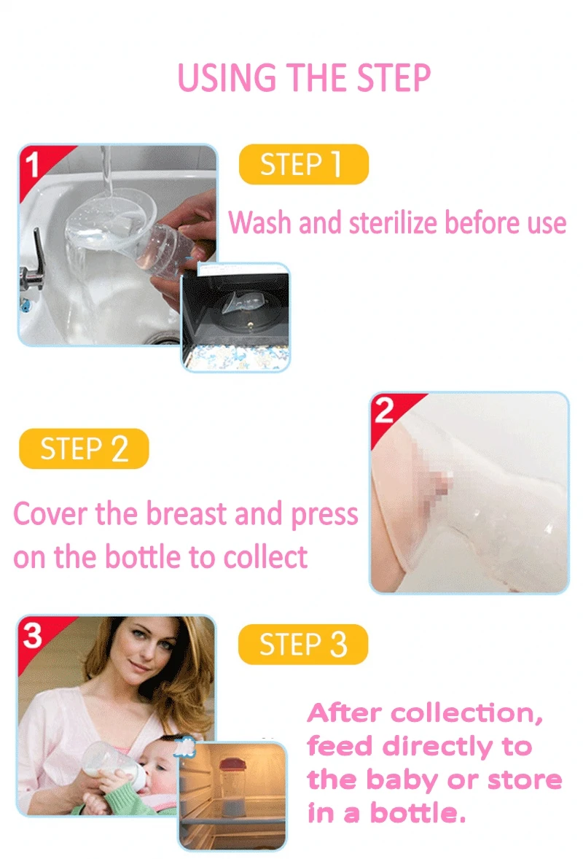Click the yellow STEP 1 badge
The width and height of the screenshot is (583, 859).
click(x=303, y=164)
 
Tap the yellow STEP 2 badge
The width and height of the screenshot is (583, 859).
click(x=84, y=448)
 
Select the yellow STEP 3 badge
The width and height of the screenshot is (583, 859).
click(x=302, y=644)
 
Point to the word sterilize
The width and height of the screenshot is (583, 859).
click(x=393, y=223)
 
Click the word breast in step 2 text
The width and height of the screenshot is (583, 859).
click(x=186, y=514)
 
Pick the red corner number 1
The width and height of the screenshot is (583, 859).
click(x=32, y=164)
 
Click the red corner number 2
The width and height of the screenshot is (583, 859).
click(x=384, y=410)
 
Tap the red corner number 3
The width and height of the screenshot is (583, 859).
click(x=32, y=636)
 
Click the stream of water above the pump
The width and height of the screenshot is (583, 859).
click(x=106, y=169)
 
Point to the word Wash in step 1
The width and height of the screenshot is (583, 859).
click(x=259, y=223)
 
